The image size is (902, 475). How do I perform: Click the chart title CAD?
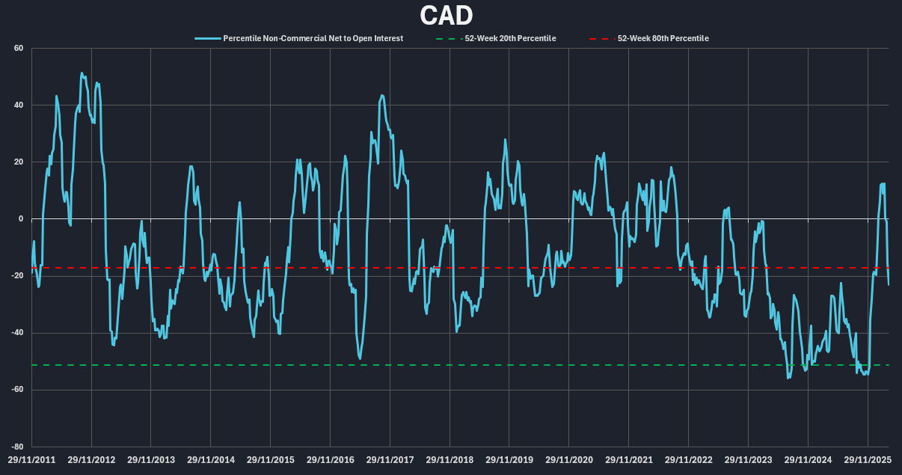pyautogui.click(x=446, y=16)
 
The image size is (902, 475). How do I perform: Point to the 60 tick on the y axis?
pyautogui.click(x=19, y=49)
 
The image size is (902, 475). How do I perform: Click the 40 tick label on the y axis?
pyautogui.click(x=19, y=105)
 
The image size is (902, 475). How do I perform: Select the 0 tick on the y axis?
pyautogui.click(x=21, y=219)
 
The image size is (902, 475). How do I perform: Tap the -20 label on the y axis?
pyautogui.click(x=17, y=276)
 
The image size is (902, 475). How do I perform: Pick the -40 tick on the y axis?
pyautogui.click(x=17, y=333)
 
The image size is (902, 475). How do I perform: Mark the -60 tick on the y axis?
pyautogui.click(x=17, y=390)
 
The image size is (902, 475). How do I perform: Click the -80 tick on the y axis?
pyautogui.click(x=17, y=447)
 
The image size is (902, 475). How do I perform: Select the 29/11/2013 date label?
pyautogui.click(x=151, y=460)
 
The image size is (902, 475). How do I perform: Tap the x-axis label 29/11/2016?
pyautogui.click(x=331, y=460)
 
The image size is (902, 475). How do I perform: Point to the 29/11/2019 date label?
pyautogui.click(x=509, y=460)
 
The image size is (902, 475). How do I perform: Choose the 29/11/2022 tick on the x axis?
pyautogui.click(x=689, y=460)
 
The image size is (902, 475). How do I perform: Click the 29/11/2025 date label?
pyautogui.click(x=868, y=460)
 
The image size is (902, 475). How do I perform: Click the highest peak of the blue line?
pyautogui.click(x=82, y=73)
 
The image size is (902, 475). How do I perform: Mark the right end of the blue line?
pyautogui.click(x=889, y=284)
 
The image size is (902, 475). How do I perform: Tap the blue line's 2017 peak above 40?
pyautogui.click(x=382, y=96)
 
